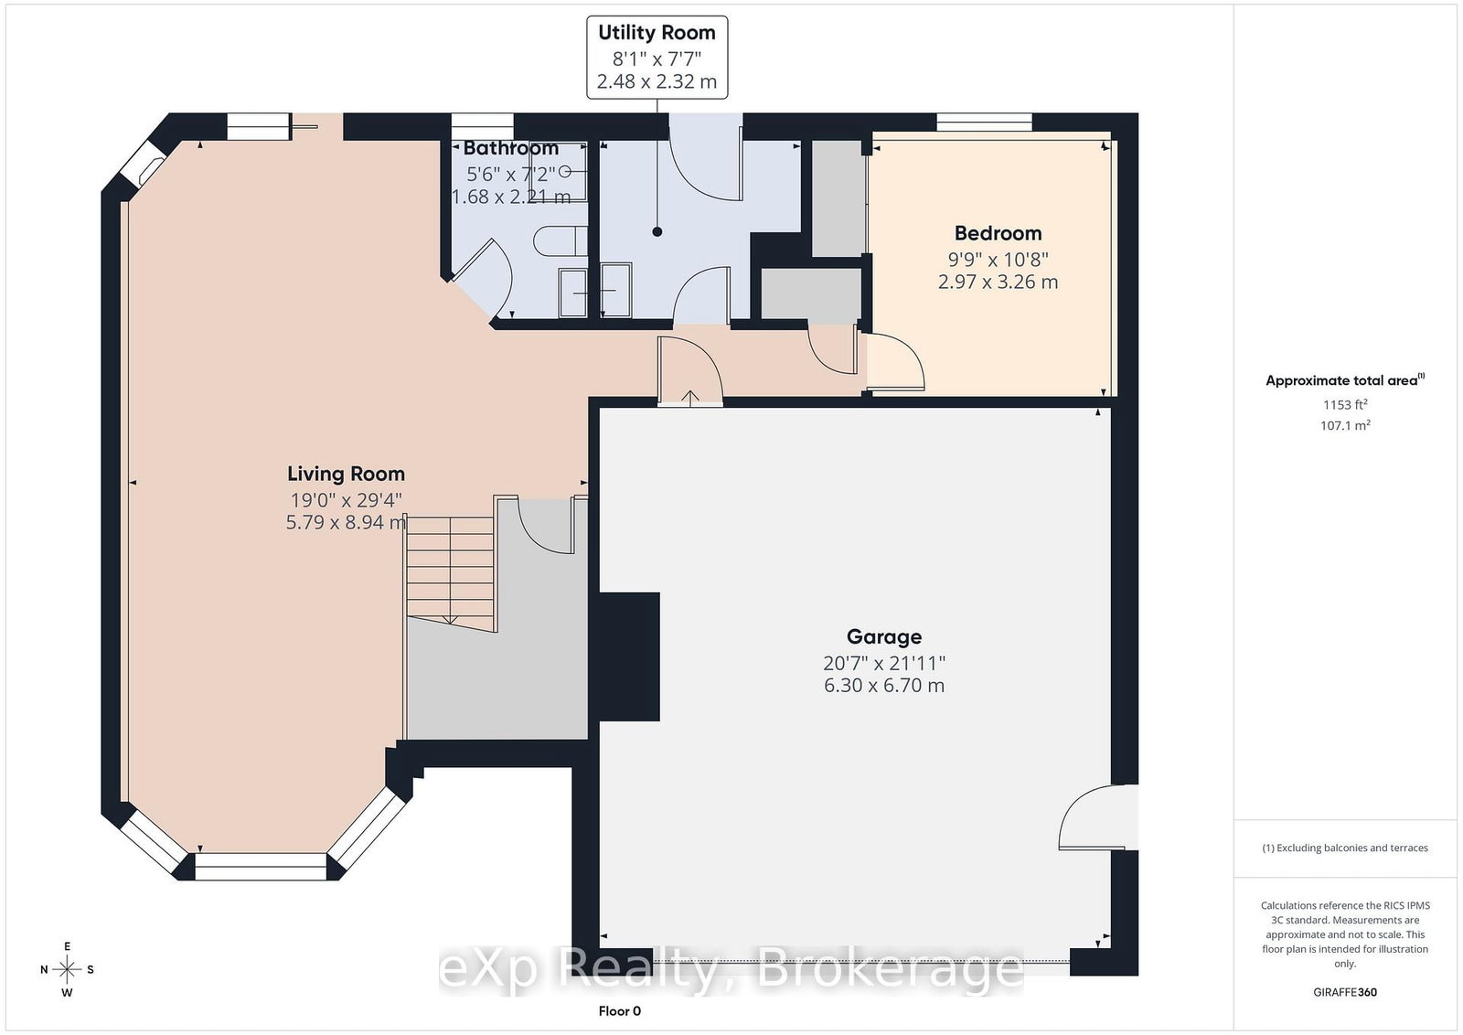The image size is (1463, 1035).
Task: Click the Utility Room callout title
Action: (657, 33)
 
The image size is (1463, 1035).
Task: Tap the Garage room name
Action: (883, 636)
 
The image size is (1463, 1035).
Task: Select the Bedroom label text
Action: (998, 233)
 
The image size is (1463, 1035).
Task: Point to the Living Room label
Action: (346, 474)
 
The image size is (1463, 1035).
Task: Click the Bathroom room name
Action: (511, 148)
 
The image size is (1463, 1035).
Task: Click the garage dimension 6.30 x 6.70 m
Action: (883, 685)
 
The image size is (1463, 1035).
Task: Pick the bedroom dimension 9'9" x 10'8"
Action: (998, 260)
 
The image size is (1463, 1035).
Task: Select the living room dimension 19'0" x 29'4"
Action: (346, 499)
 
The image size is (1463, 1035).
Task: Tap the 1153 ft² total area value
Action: (1345, 404)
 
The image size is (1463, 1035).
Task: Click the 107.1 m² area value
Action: (1345, 425)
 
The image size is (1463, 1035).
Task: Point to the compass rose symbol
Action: (67, 969)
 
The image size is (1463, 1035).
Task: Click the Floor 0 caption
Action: (619, 1011)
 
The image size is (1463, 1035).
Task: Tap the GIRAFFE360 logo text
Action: (1345, 992)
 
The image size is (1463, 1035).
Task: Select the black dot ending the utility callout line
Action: (657, 232)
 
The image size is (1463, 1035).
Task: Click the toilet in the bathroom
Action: (561, 241)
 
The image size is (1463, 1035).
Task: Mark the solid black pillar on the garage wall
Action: (629, 656)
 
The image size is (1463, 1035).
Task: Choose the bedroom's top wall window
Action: (984, 123)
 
